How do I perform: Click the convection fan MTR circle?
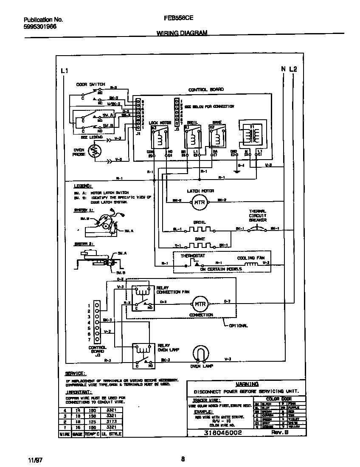pos(200,304)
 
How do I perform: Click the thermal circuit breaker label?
pos(258,216)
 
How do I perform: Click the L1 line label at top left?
pos(64,70)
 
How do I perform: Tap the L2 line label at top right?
pos(293,69)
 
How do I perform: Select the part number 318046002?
pos(223,433)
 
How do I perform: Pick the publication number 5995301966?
pos(40,26)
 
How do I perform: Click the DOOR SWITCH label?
pos(90,84)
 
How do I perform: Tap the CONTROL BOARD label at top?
pos(206,90)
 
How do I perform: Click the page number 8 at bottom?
pos(183,458)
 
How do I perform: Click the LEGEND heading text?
pos(82,186)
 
